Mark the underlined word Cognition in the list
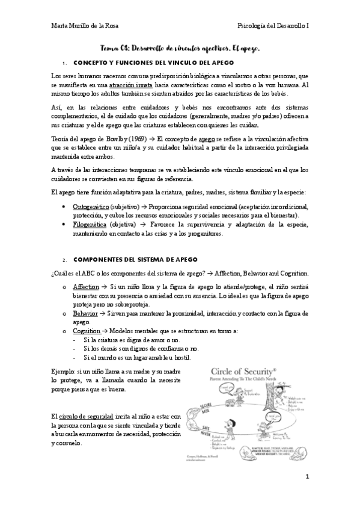[86, 331]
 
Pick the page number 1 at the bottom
[307, 476]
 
